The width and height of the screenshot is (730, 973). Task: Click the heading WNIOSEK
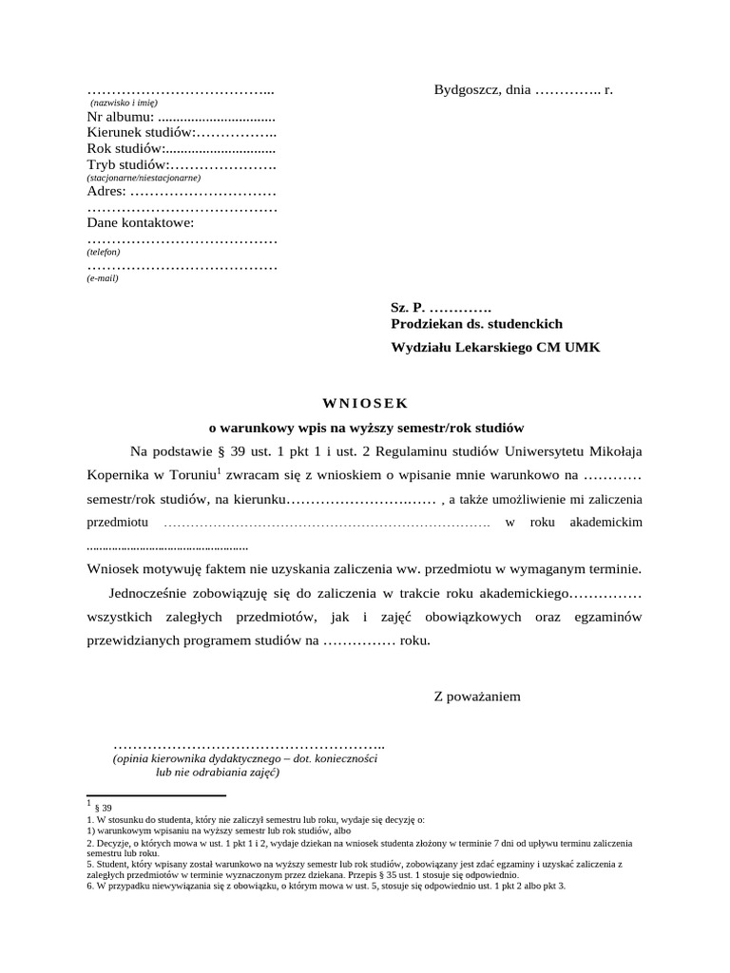(366, 403)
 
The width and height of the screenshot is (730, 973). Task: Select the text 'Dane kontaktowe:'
(140, 223)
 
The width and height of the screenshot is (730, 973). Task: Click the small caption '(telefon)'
(103, 252)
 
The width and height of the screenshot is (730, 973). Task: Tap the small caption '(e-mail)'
(103, 278)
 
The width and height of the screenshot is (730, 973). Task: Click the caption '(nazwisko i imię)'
(124, 103)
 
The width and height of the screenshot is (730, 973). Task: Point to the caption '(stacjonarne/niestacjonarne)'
(144, 178)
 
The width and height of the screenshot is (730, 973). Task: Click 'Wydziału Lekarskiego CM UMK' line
(495, 348)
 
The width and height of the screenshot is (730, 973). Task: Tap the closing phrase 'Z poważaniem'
(477, 696)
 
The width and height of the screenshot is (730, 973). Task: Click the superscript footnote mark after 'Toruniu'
(219, 468)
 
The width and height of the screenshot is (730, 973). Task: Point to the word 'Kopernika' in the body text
(116, 474)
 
